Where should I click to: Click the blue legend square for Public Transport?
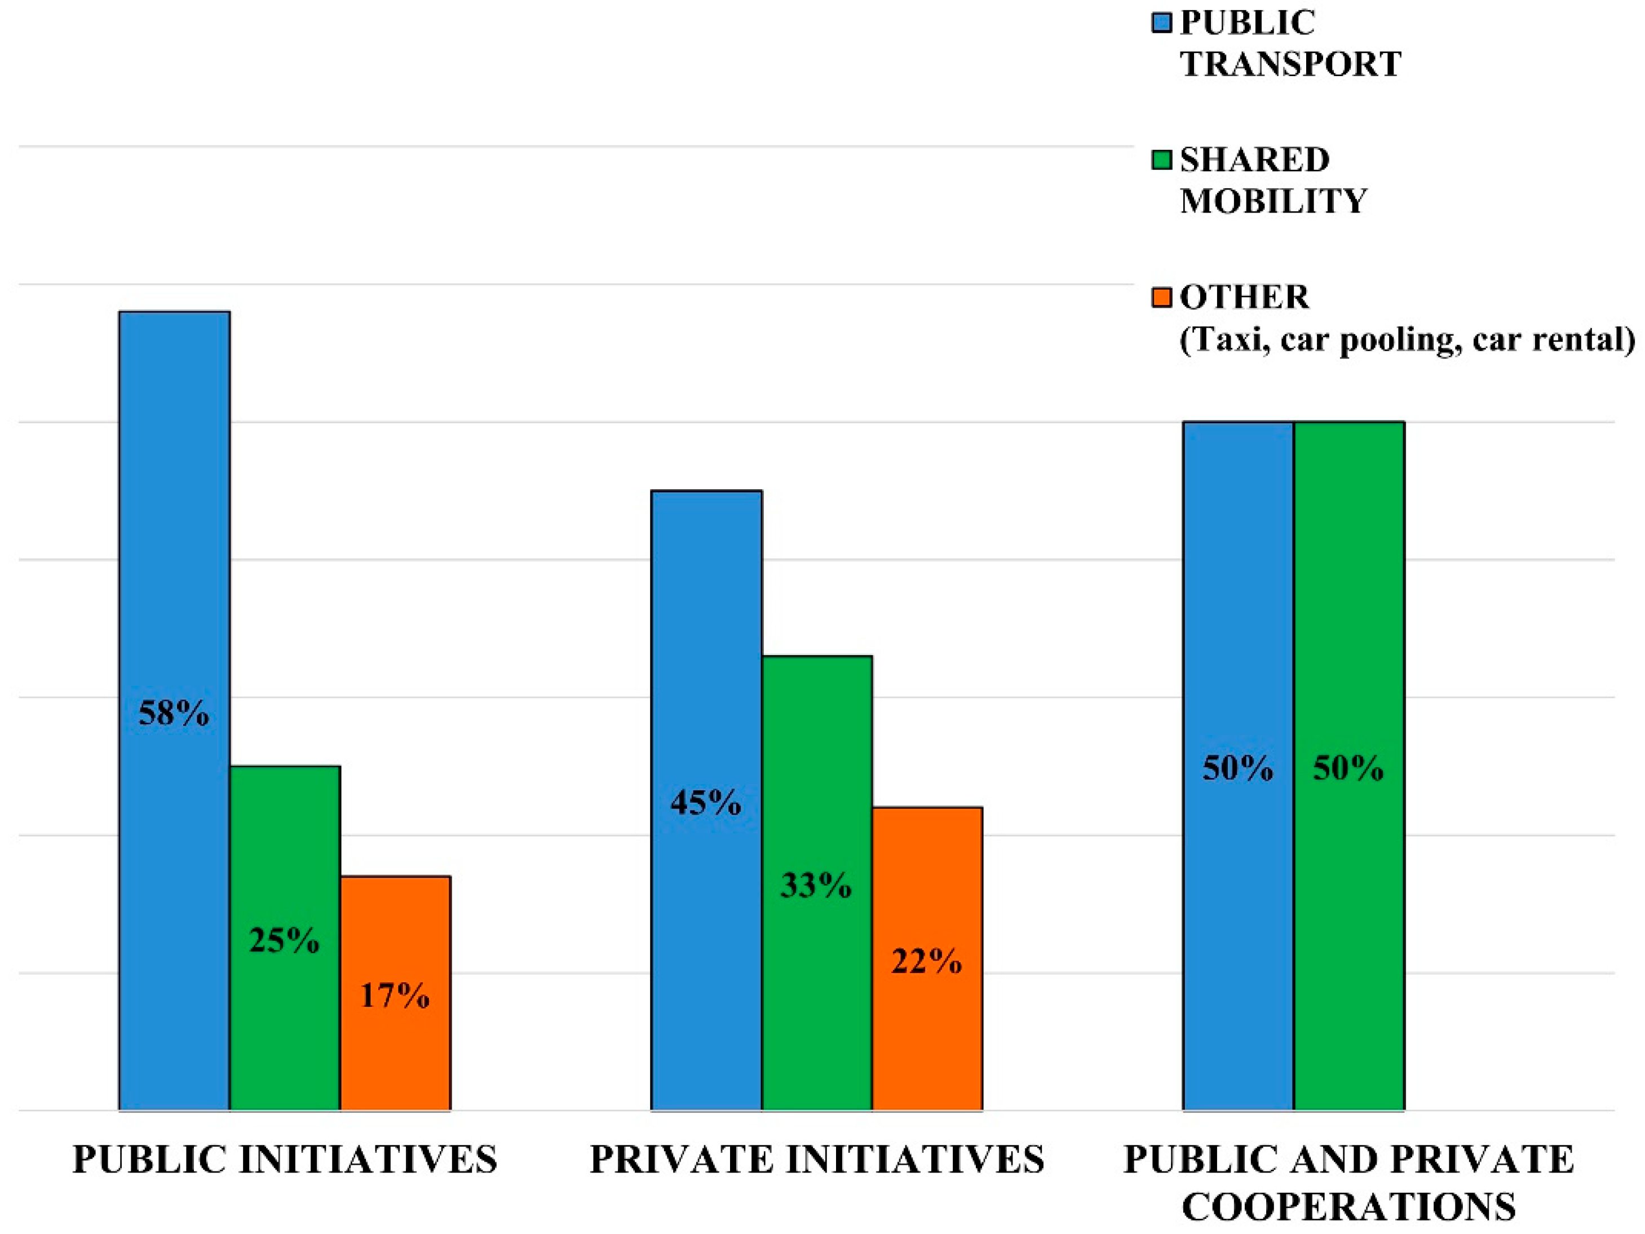pos(1161,23)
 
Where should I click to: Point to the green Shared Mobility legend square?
pos(1161,160)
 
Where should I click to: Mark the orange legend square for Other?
pos(1161,298)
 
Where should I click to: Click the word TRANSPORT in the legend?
pos(1290,64)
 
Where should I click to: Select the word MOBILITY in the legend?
pos(1273,202)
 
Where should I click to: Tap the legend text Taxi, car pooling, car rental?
pos(1407,340)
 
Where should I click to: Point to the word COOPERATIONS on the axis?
pos(1348,1206)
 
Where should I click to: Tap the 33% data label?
pos(816,885)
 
